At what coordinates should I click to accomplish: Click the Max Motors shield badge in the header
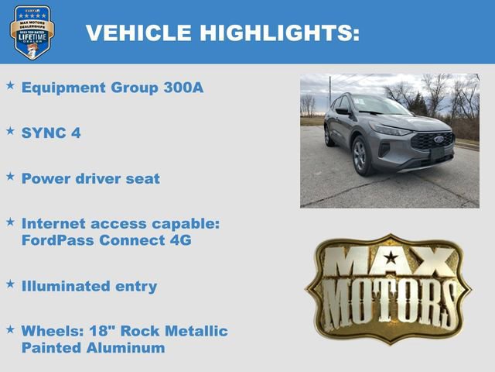32,32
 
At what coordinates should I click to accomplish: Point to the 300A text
183,88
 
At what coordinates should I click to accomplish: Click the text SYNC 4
51,133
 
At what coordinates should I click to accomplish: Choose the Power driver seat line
90,178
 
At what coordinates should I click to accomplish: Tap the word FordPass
56,239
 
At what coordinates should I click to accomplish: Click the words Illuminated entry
89,286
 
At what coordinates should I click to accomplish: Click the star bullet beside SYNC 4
10,131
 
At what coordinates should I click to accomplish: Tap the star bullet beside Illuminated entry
10,284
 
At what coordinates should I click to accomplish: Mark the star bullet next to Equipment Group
10,86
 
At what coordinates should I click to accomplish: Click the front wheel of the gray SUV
360,157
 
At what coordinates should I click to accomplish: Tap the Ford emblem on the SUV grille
438,140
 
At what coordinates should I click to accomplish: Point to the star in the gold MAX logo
391,258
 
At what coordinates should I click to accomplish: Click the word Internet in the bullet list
52,223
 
